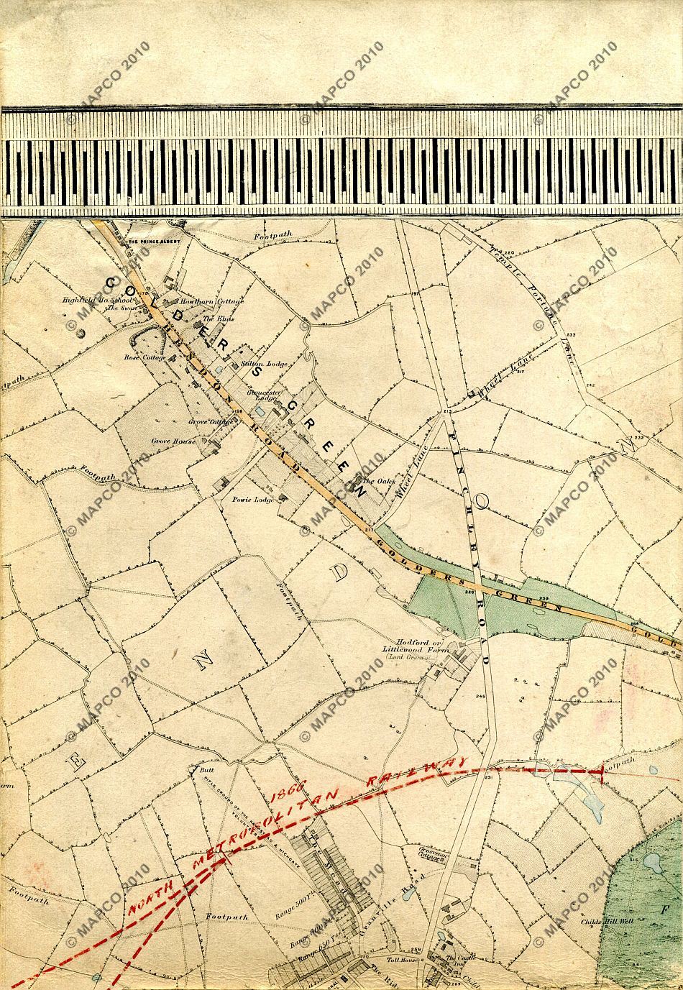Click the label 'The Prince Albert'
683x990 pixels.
click(x=152, y=242)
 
